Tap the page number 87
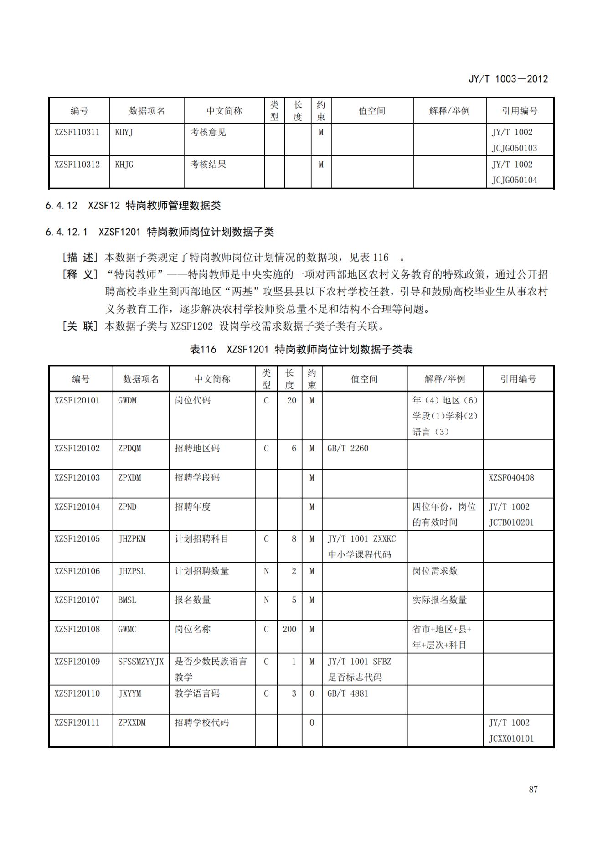(533, 789)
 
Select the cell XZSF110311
(77, 133)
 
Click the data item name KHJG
(124, 165)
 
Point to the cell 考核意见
(208, 133)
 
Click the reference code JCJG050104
(514, 180)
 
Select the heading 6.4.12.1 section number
(66, 232)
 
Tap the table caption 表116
(203, 350)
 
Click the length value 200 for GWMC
(289, 629)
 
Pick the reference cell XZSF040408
(511, 478)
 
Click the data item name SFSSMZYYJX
(140, 662)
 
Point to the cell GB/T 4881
(347, 693)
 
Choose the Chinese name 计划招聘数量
(202, 571)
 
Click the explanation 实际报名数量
(439, 600)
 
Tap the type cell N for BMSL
(266, 600)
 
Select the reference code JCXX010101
(511, 739)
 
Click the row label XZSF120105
(77, 539)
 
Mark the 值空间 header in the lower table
(364, 379)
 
